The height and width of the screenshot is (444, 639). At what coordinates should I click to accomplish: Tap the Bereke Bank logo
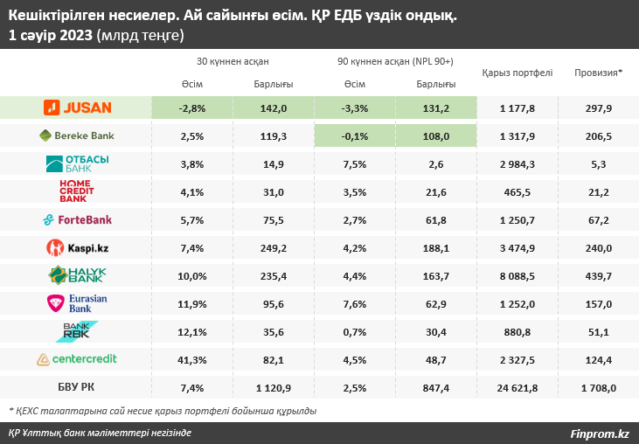click(x=77, y=135)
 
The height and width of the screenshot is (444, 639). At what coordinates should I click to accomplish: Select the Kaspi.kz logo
click(x=77, y=247)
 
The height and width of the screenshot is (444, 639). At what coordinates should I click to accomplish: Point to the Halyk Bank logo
click(x=77, y=275)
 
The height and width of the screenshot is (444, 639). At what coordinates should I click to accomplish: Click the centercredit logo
click(x=77, y=359)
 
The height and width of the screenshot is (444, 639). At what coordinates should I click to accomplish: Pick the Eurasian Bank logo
click(x=77, y=303)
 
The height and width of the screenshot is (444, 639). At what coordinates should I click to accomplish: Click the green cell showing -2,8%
click(x=191, y=108)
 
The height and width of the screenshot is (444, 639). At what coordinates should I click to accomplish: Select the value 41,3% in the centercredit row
click(x=191, y=359)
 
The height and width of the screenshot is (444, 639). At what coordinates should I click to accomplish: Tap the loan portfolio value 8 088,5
click(x=517, y=275)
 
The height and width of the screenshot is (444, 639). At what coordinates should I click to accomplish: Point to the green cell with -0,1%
click(x=354, y=135)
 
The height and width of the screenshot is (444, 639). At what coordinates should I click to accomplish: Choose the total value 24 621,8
click(x=517, y=387)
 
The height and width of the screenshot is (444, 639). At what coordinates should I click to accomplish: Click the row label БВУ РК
click(x=77, y=387)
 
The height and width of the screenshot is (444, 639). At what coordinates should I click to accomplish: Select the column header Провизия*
click(x=599, y=73)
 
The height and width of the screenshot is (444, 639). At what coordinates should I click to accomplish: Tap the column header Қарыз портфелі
click(x=517, y=73)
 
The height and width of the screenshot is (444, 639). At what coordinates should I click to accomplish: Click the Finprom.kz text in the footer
click(x=600, y=433)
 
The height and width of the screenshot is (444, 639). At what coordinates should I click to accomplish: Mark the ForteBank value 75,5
click(x=274, y=219)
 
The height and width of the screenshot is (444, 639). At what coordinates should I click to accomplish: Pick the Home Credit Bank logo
click(x=77, y=191)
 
